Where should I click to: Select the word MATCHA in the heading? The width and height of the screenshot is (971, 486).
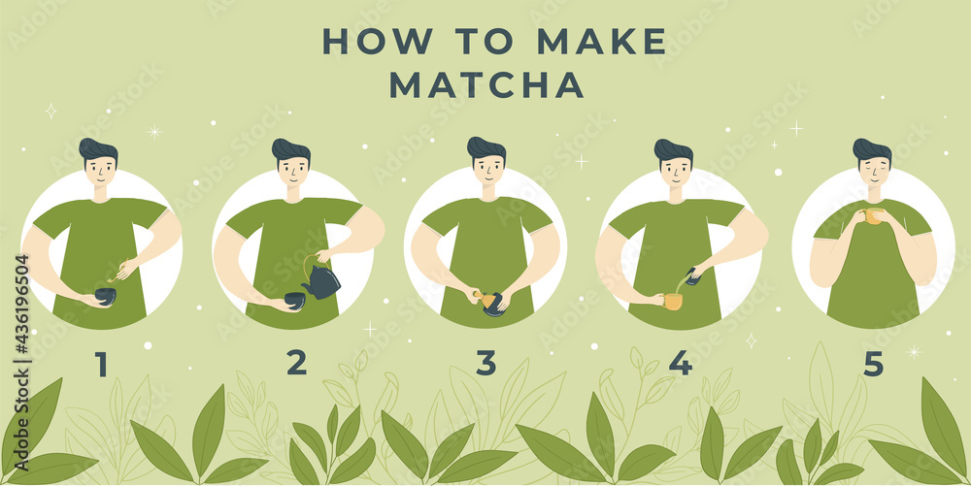pos(486,85)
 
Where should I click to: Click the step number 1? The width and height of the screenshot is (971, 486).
pos(101,364)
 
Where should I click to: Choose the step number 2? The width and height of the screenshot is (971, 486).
pos(296,363)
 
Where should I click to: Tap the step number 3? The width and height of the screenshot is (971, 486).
pos(485,363)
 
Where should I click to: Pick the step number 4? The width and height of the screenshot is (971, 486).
pos(680,363)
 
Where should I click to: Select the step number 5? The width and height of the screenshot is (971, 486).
pos(873,364)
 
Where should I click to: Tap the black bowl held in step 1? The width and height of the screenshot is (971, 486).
pos(104,296)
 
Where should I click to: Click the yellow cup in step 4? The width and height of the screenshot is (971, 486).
pos(672,301)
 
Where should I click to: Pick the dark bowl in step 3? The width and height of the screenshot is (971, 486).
pos(494,304)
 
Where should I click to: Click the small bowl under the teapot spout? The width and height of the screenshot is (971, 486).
pos(293,301)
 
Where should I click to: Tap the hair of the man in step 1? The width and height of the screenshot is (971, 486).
pos(97,149)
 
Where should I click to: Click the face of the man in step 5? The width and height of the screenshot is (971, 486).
pos(873,172)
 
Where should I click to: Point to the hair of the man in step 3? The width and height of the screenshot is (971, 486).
pos(485,147)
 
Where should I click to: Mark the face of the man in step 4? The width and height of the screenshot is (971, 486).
pos(674,172)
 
